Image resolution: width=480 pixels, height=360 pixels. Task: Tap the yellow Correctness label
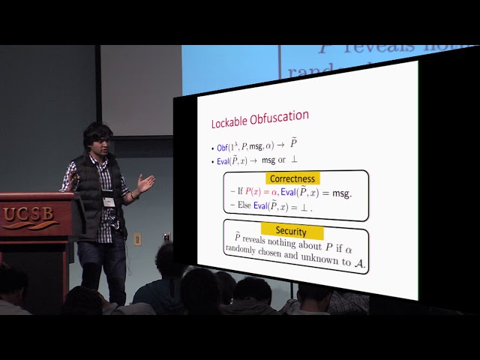coord(295,178)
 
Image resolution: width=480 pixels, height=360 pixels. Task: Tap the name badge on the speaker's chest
coord(109,200)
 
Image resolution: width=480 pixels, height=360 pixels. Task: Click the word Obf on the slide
coord(223,148)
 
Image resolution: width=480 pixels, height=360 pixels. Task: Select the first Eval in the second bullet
coord(224,162)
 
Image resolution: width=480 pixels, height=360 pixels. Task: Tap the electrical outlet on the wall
coord(137,238)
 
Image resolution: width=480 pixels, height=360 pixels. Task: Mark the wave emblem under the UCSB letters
coord(30,226)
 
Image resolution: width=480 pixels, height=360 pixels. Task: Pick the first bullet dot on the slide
coord(212,148)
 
